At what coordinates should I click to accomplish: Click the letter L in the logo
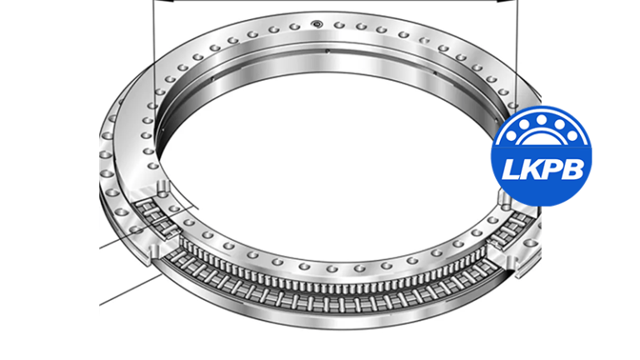[511, 170]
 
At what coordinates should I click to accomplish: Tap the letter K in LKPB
[532, 170]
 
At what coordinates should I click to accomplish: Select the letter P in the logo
[553, 170]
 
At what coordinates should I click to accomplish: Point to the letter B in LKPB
[575, 170]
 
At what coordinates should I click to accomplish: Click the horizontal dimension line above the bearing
[333, 2]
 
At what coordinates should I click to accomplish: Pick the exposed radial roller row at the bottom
[333, 278]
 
